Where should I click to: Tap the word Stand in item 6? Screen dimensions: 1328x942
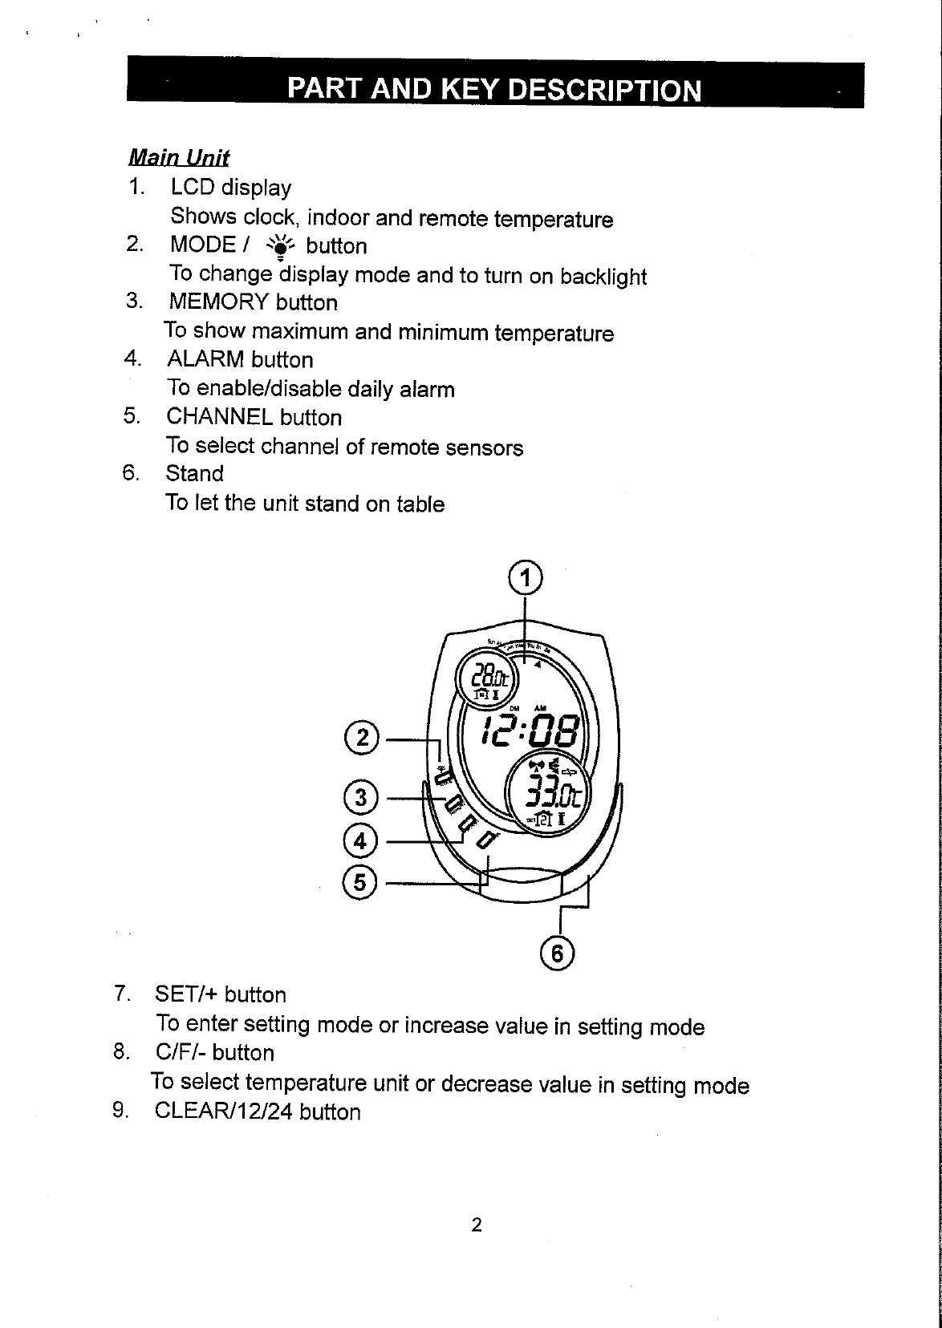194,474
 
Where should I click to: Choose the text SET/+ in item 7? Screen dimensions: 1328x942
186,995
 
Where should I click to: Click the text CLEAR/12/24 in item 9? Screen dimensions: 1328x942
224,1111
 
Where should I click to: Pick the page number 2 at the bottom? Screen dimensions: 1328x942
477,1225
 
